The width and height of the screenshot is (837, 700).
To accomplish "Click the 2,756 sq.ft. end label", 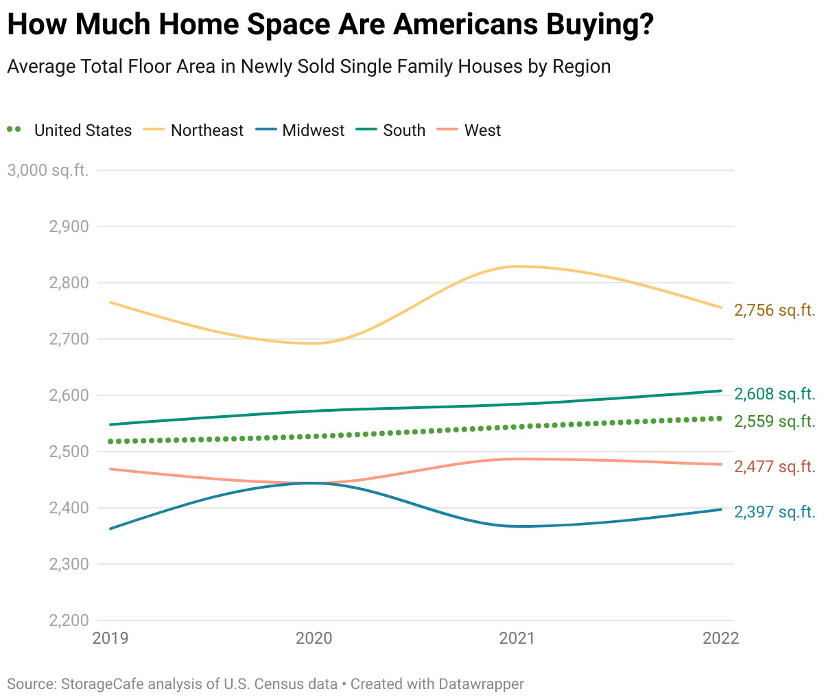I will coord(775,310).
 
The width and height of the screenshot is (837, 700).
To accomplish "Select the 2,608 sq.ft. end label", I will coord(775,394).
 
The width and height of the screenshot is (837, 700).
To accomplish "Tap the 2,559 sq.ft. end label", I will coord(775,421).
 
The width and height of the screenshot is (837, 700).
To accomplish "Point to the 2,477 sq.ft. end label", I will coord(775,467).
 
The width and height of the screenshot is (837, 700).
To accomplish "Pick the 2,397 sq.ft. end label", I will coord(775,512).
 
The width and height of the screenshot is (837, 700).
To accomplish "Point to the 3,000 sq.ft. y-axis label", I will coord(48,170).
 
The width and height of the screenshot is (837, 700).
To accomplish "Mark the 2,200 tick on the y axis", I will coord(69,620).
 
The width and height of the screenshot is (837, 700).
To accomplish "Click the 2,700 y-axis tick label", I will coord(69,339).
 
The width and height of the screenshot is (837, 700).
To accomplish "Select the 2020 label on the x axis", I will coord(314,638).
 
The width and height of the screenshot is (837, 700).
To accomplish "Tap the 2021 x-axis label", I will coord(517,638).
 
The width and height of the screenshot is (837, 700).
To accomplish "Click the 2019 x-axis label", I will coord(110,638).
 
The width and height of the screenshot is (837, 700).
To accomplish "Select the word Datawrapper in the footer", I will coord(481,684).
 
